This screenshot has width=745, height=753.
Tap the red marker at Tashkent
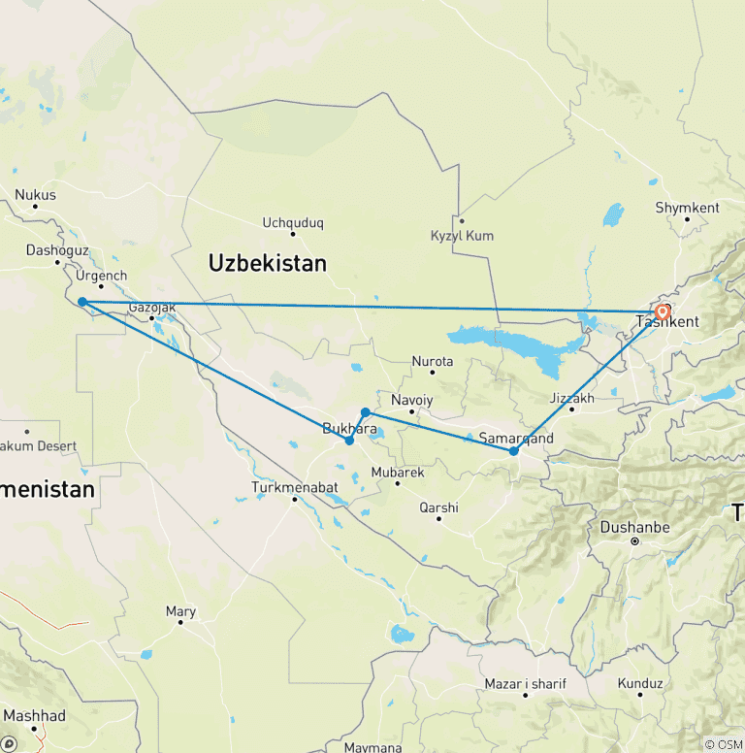(x=663, y=312)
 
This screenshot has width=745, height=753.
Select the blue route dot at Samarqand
(x=514, y=451)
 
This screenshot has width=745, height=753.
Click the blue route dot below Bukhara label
(x=349, y=441)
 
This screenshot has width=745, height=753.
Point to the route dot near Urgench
(x=82, y=302)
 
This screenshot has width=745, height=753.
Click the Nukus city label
(x=35, y=195)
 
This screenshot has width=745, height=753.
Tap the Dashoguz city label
(x=57, y=250)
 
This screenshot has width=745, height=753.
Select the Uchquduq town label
(x=292, y=222)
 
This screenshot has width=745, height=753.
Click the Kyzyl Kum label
(x=462, y=236)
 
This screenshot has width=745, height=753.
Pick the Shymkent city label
(x=687, y=208)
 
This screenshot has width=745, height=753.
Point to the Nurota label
(x=433, y=361)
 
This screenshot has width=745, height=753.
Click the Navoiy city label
(x=411, y=400)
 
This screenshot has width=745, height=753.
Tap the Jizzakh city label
(x=570, y=398)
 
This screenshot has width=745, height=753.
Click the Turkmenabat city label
(x=295, y=486)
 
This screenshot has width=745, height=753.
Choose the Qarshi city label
(x=438, y=507)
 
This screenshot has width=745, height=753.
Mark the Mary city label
(x=180, y=611)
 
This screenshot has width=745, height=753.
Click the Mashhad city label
(x=34, y=716)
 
